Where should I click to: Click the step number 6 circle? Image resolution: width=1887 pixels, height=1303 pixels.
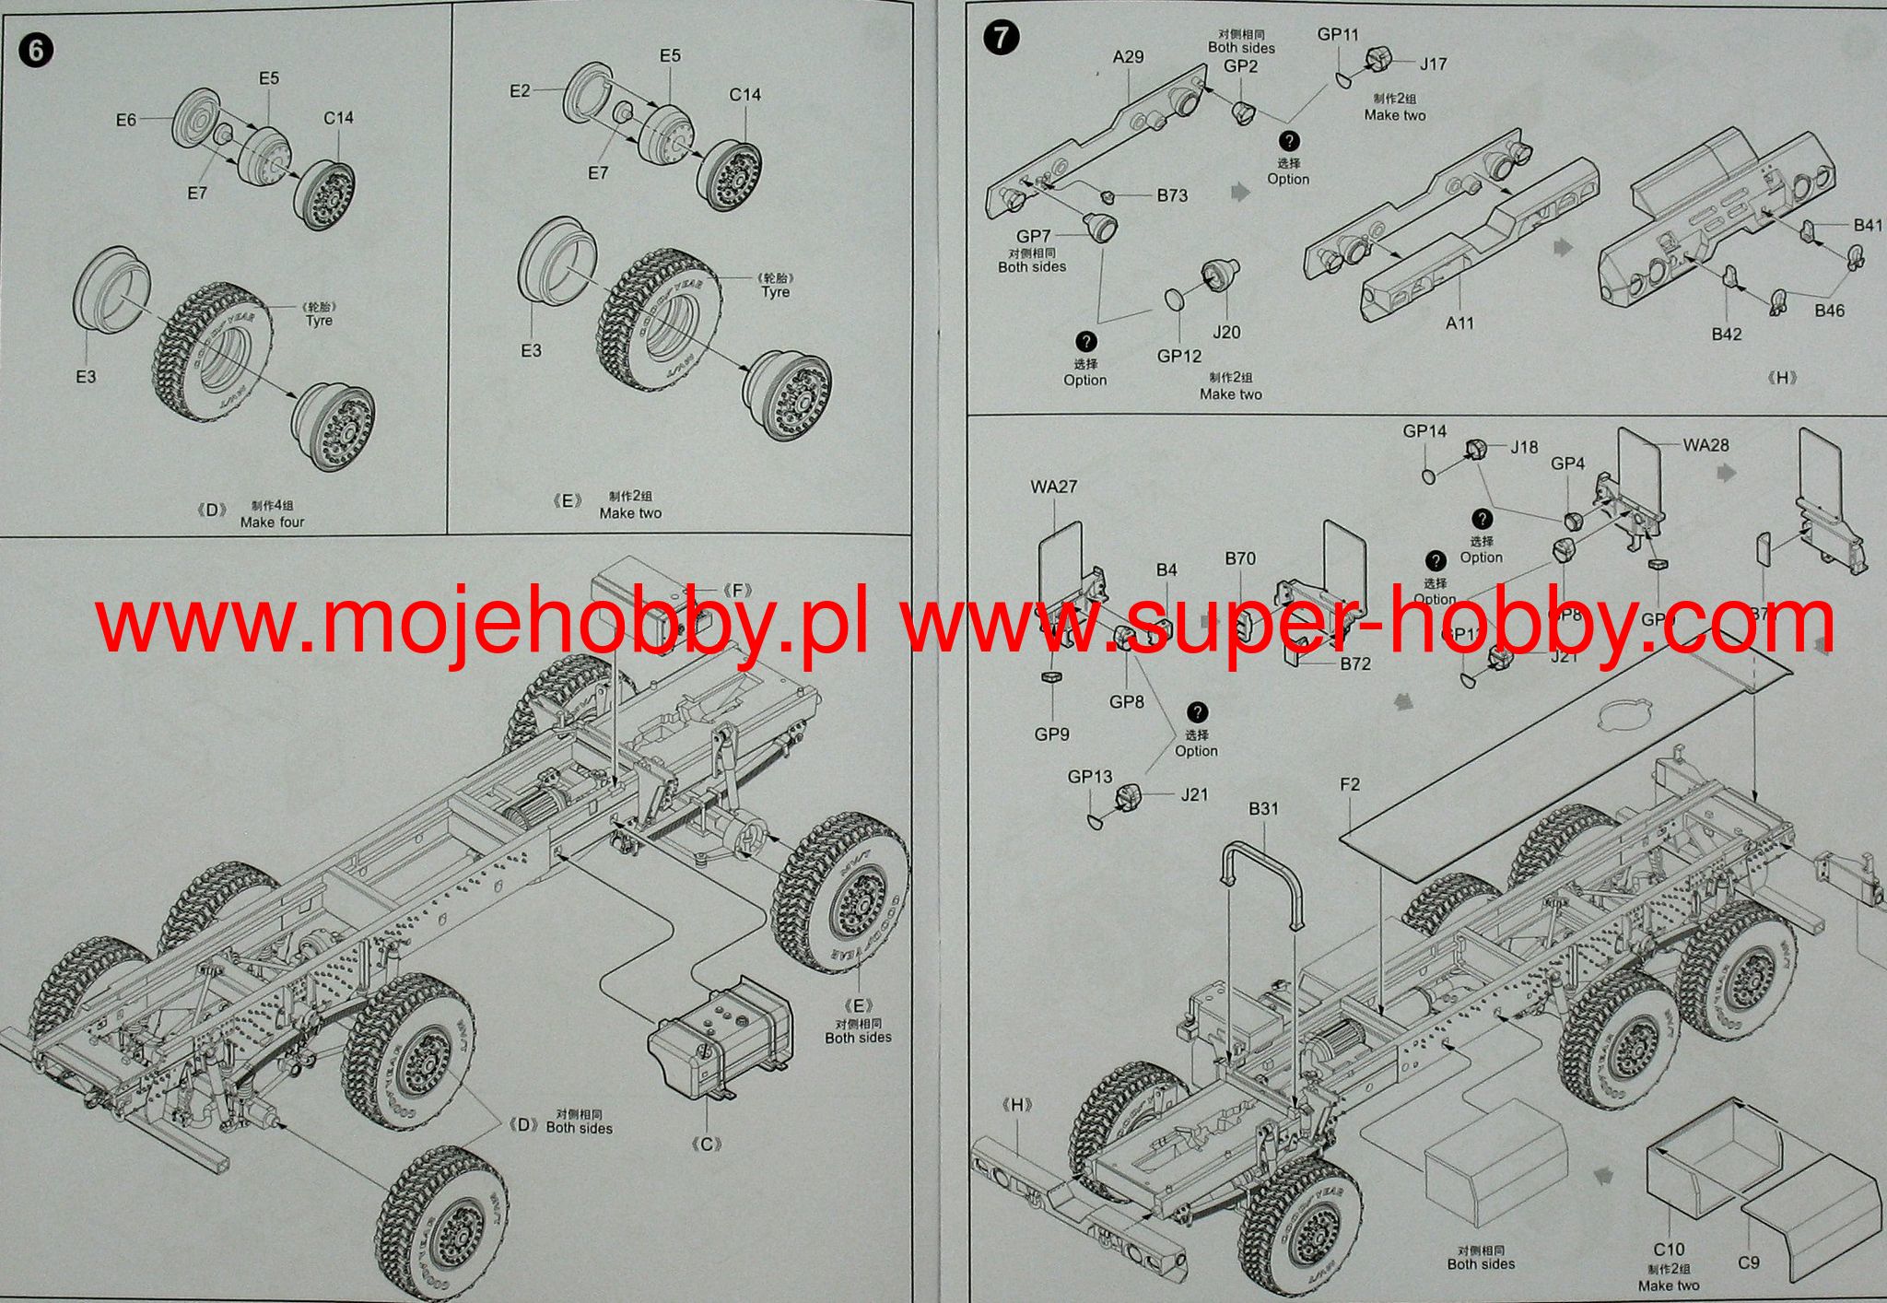(x=36, y=50)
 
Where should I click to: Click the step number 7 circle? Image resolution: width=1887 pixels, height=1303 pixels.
(x=1002, y=38)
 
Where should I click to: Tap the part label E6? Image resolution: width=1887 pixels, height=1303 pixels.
(x=126, y=120)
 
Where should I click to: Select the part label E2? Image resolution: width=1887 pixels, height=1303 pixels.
(x=520, y=90)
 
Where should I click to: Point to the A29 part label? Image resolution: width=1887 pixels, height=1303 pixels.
(x=1128, y=57)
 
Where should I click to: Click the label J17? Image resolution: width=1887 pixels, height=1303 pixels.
(x=1433, y=64)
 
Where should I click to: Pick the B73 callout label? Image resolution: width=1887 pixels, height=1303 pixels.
(x=1172, y=195)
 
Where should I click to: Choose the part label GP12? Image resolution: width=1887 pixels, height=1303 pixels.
(x=1179, y=356)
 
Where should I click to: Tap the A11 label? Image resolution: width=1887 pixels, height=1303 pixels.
(x=1459, y=323)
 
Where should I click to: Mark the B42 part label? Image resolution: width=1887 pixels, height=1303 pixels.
(x=1726, y=334)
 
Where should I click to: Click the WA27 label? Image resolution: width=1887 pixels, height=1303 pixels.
(x=1053, y=487)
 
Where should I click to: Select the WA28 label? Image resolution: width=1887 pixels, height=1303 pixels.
(x=1705, y=445)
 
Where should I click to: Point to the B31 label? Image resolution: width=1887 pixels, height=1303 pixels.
(x=1263, y=808)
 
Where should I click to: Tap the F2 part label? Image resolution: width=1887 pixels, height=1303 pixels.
(x=1349, y=784)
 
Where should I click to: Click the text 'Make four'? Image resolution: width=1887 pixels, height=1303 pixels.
(x=272, y=522)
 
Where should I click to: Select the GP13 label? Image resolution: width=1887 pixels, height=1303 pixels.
(x=1090, y=777)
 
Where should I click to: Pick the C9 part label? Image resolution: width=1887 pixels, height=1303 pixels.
(x=1748, y=1262)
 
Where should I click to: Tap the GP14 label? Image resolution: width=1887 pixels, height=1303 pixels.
(x=1424, y=431)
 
